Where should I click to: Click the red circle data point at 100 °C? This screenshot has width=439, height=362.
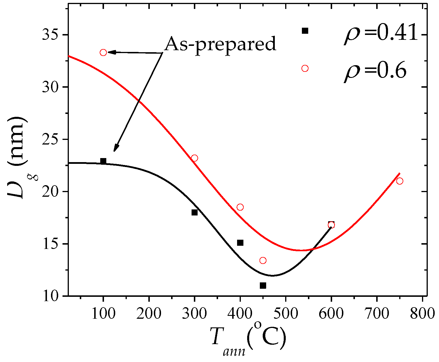pyautogui.click(x=103, y=52)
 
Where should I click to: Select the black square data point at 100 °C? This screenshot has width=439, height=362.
pyautogui.click(x=103, y=161)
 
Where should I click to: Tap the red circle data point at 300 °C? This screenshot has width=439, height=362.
pyautogui.click(x=195, y=158)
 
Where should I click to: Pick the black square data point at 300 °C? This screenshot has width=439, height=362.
pyautogui.click(x=195, y=213)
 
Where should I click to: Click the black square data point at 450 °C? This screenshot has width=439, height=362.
pyautogui.click(x=263, y=286)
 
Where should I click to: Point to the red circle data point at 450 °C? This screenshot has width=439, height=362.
pyautogui.click(x=263, y=260)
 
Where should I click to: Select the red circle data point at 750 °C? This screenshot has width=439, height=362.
pyautogui.click(x=400, y=181)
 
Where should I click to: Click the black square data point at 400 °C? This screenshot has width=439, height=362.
pyautogui.click(x=240, y=243)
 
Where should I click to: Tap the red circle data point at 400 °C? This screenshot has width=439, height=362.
pyautogui.click(x=240, y=207)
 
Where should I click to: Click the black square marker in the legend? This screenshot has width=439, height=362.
pyautogui.click(x=305, y=31)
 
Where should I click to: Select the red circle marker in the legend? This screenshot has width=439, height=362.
pyautogui.click(x=305, y=68)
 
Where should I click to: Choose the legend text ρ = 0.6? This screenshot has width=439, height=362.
pyautogui.click(x=374, y=70)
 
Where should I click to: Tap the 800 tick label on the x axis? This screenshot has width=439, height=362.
pyautogui.click(x=422, y=314)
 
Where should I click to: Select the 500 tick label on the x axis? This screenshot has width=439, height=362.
pyautogui.click(x=285, y=314)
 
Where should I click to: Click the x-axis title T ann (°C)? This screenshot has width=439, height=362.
pyautogui.click(x=248, y=337)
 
